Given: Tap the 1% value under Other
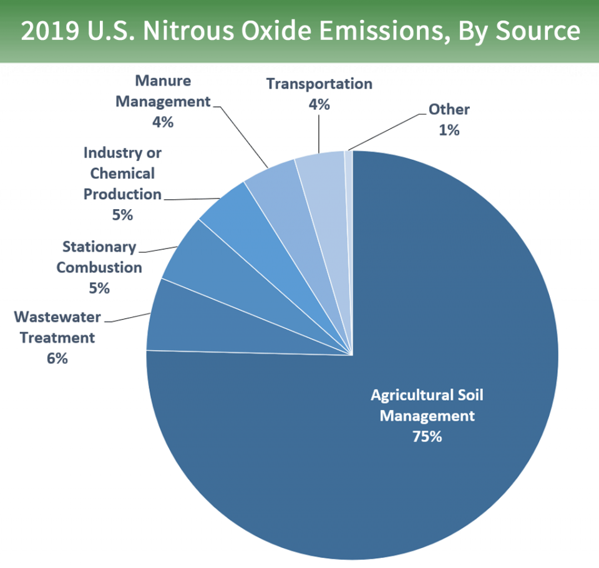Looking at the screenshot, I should point(449,130).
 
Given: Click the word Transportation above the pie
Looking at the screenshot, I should point(319,84).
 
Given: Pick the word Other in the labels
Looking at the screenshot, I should point(449,110).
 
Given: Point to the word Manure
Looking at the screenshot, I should point(163,81).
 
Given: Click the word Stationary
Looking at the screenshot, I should point(99,247).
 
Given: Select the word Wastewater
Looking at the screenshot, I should point(57,316).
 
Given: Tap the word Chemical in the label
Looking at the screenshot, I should point(122,173).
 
